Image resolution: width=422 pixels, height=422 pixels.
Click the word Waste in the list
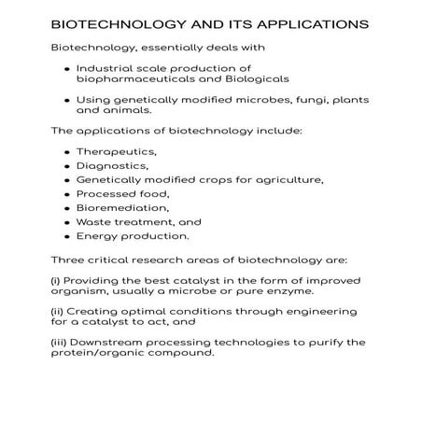(95, 222)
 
